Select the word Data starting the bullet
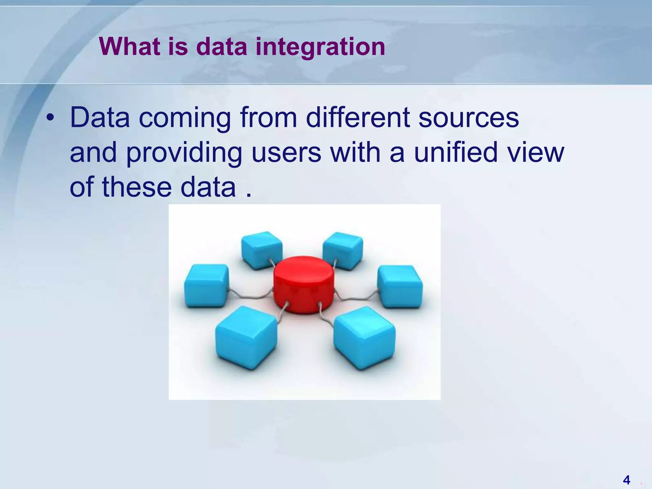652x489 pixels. [100, 117]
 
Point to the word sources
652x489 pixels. [468, 117]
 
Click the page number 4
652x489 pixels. [627, 479]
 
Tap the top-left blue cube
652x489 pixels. [262, 250]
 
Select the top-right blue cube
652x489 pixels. [343, 251]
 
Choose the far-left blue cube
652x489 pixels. [207, 286]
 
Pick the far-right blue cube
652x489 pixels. [400, 287]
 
